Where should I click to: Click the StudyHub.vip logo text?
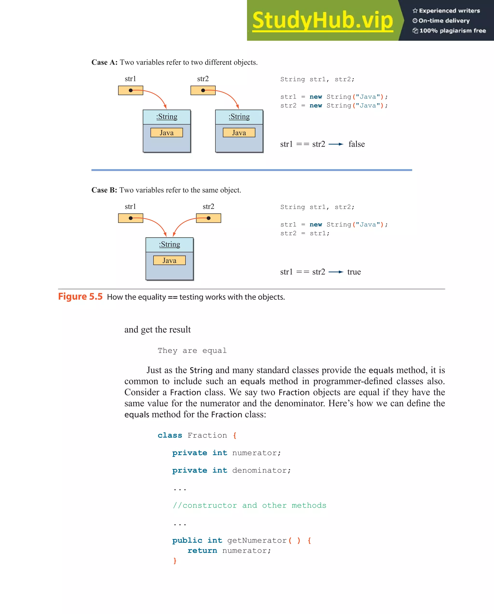[x=322, y=20]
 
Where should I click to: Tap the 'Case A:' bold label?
[x=104, y=62]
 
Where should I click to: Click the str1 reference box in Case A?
[x=130, y=90]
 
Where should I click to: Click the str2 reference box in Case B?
[x=208, y=218]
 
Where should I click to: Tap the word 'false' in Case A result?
[x=357, y=144]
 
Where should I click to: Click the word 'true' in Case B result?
[x=354, y=272]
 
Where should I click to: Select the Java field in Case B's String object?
[x=169, y=260]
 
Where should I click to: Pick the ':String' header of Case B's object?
[x=169, y=244]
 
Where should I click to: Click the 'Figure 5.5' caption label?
[x=80, y=297]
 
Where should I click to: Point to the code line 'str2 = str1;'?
[x=305, y=233]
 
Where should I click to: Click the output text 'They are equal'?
[x=192, y=351]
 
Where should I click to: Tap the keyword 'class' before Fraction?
[x=170, y=435]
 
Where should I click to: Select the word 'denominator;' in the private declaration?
[x=261, y=470]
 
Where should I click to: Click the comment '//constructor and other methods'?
[x=249, y=505]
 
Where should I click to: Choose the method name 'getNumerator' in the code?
[x=257, y=540]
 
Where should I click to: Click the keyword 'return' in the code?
[x=202, y=551]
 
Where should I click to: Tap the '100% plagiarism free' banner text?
[x=453, y=31]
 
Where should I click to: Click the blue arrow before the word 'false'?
[x=336, y=144]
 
